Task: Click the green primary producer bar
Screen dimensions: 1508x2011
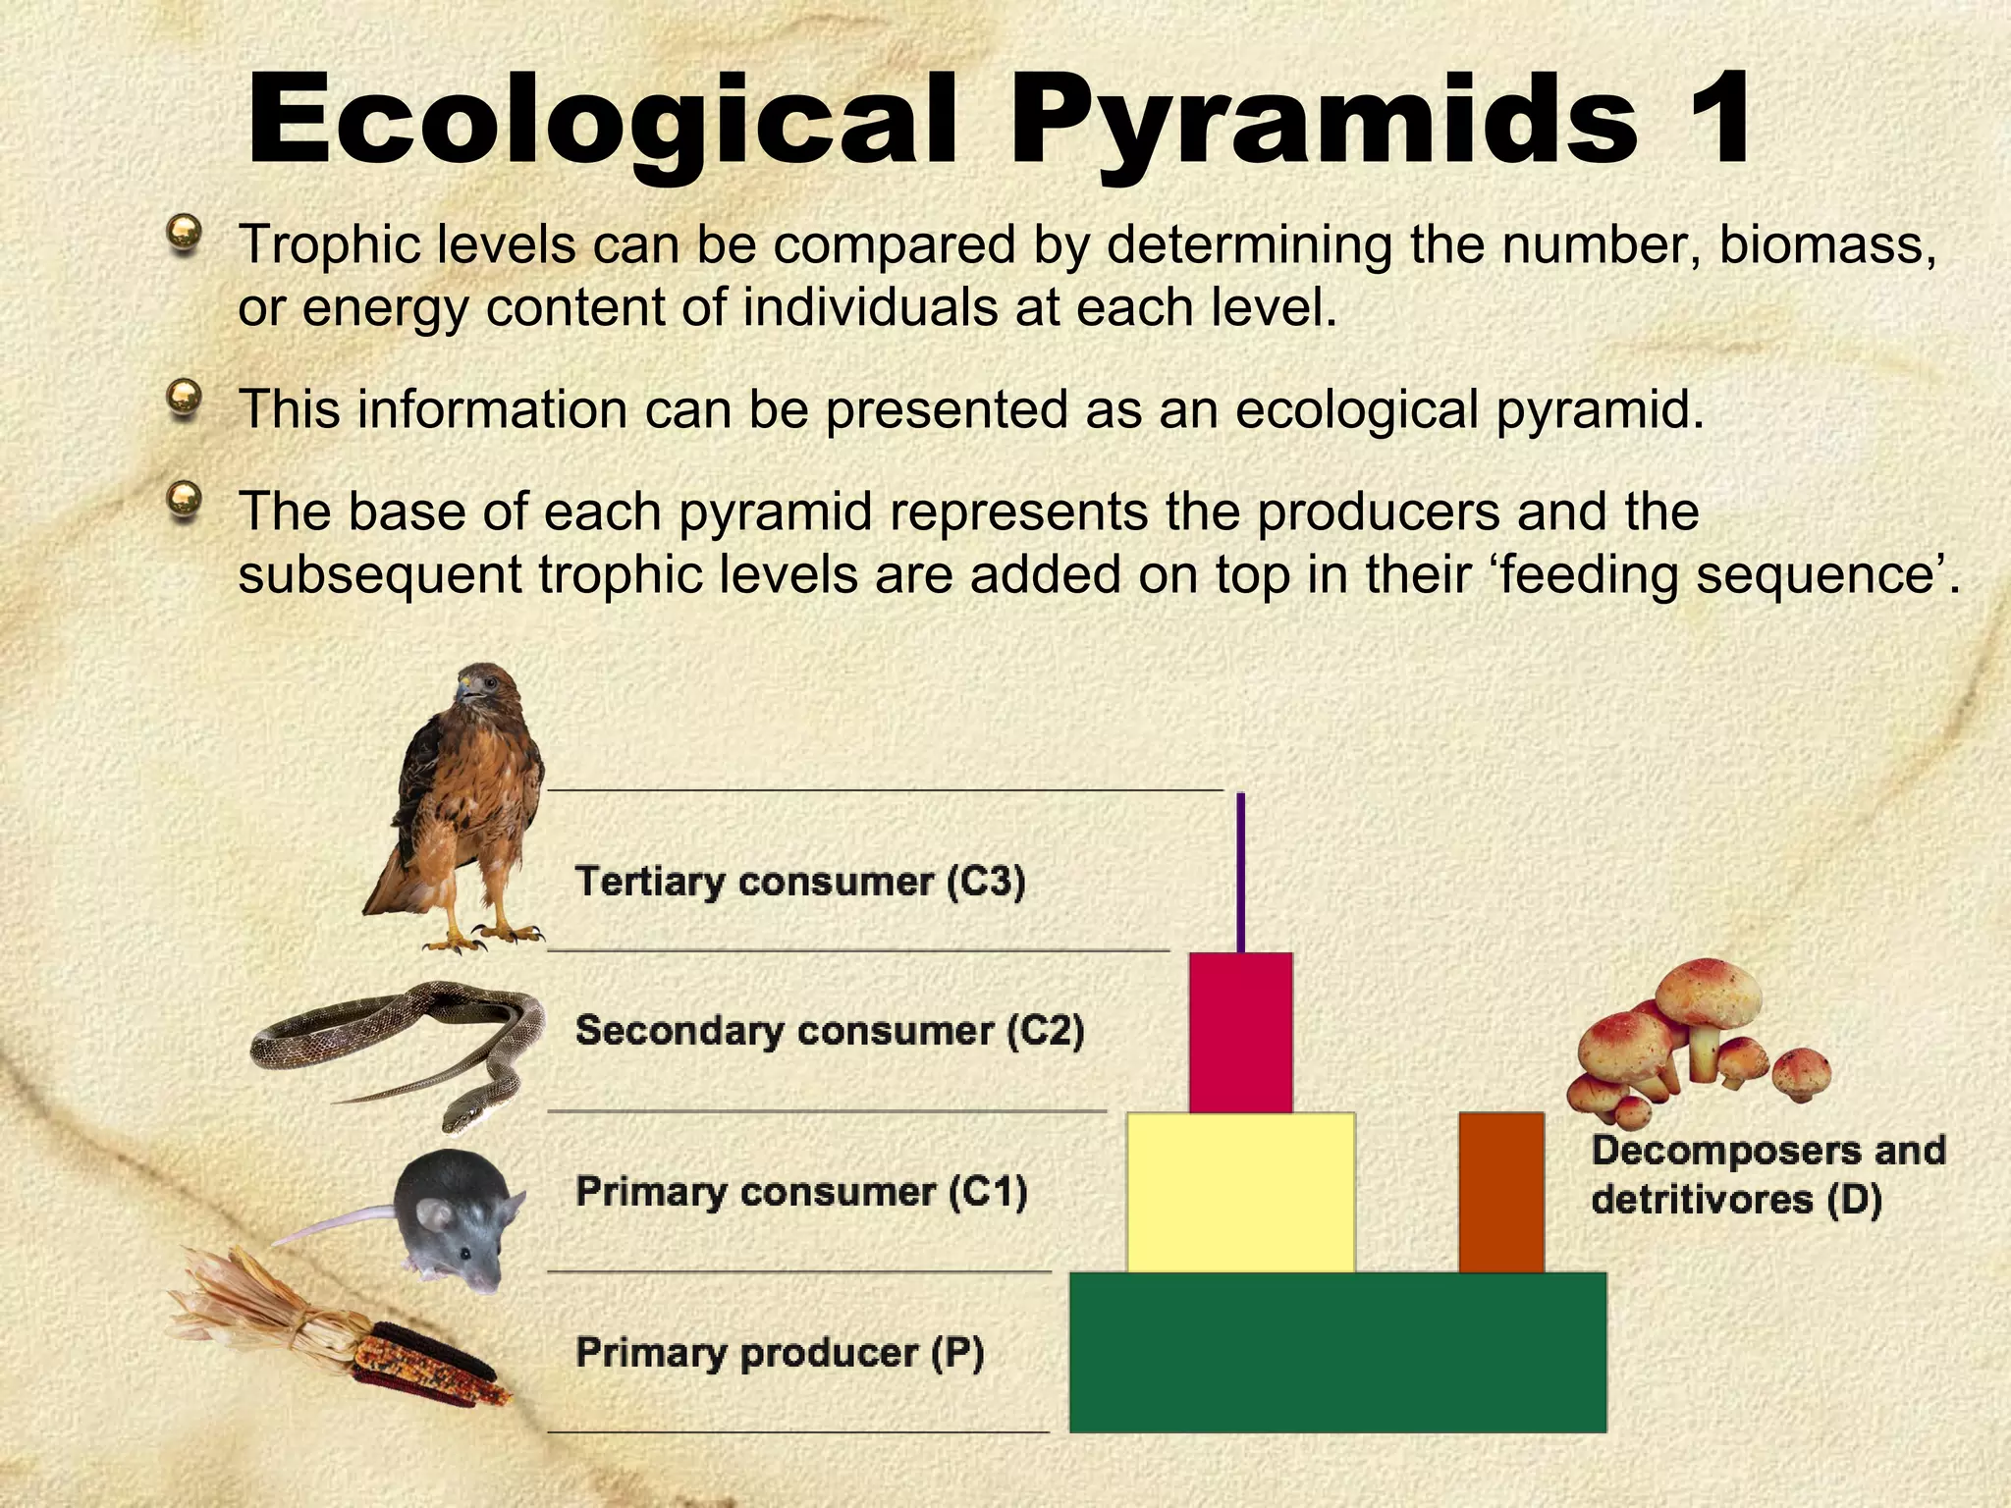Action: (x=1337, y=1352)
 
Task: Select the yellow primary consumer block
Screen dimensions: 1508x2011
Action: (x=1241, y=1192)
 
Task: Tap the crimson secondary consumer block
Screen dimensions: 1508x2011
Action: (x=1241, y=1032)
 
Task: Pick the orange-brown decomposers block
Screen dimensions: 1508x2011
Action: (x=1501, y=1192)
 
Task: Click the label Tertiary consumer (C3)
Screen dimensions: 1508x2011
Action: (x=800, y=882)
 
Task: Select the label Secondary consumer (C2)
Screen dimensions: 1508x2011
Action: (x=830, y=1031)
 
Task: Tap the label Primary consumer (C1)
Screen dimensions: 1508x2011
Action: (x=801, y=1192)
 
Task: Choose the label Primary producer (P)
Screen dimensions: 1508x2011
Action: (x=780, y=1353)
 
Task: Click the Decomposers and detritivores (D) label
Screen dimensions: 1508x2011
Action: (x=1766, y=1174)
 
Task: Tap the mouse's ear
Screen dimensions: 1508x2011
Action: (x=435, y=1216)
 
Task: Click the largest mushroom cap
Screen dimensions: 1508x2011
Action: (x=1709, y=992)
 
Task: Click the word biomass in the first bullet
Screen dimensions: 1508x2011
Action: (x=1826, y=243)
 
